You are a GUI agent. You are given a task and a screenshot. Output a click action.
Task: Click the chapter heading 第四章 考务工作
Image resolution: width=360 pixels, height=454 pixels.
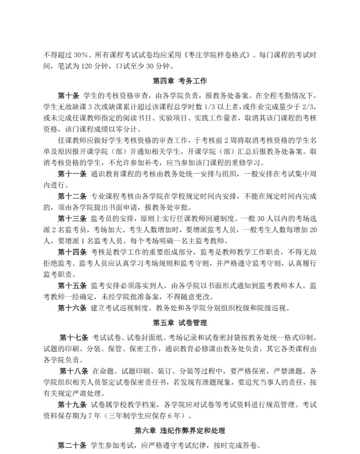tap(180, 81)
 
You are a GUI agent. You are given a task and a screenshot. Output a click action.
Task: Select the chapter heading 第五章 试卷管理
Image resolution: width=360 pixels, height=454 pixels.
tap(180, 323)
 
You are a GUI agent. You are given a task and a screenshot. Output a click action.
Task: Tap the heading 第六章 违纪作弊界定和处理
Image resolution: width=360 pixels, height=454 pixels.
tap(180, 430)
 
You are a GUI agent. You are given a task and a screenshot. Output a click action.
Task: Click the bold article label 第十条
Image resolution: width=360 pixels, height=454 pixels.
tap(68, 96)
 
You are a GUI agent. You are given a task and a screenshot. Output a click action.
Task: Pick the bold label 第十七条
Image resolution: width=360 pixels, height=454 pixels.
tap(73, 338)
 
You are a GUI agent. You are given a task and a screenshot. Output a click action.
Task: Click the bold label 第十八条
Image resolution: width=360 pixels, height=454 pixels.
tap(73, 371)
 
